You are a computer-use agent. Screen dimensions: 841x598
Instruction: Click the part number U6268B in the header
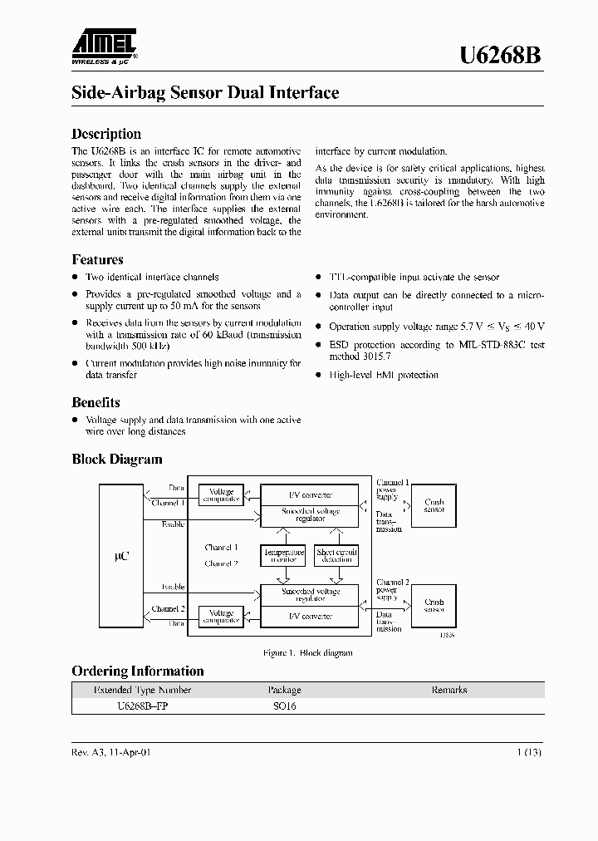pyautogui.click(x=502, y=56)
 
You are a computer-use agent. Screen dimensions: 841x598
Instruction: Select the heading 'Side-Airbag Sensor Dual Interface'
pyautogui.click(x=205, y=93)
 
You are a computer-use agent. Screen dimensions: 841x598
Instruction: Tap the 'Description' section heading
pyautogui.click(x=106, y=134)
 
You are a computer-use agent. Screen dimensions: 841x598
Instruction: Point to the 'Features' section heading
pyautogui.click(x=97, y=259)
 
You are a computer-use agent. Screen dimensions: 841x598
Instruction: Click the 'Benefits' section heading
pyautogui.click(x=96, y=402)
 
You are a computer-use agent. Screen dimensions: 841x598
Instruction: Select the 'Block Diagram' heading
pyautogui.click(x=116, y=460)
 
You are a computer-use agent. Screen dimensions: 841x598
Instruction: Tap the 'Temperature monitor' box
pyautogui.click(x=283, y=555)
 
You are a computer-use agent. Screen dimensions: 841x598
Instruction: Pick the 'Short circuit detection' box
pyautogui.click(x=336, y=555)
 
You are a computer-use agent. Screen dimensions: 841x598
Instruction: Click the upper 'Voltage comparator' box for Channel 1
pyautogui.click(x=221, y=495)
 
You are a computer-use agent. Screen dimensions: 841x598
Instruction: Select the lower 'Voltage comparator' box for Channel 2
pyautogui.click(x=221, y=616)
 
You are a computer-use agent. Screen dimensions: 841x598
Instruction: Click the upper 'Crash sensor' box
pyautogui.click(x=434, y=505)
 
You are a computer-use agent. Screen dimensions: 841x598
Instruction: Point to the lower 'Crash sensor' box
pyautogui.click(x=434, y=605)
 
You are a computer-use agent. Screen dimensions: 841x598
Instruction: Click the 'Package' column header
pyautogui.click(x=284, y=690)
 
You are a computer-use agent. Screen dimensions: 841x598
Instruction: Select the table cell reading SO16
pyautogui.click(x=283, y=706)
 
